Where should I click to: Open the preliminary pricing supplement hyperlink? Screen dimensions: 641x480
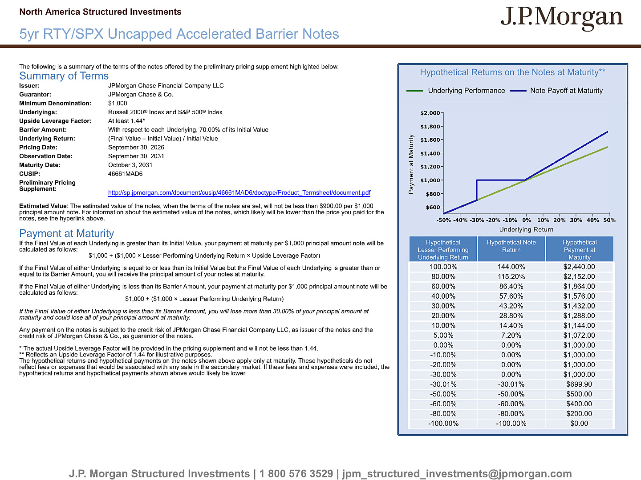tap(239, 192)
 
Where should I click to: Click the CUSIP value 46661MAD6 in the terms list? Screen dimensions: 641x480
tap(125, 174)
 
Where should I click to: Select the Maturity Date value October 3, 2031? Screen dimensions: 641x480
tap(130, 165)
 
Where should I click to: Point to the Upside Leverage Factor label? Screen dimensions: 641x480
tap(55, 121)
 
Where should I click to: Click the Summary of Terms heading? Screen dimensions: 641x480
tap(64, 76)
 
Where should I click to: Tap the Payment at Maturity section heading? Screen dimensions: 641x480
tap(67, 233)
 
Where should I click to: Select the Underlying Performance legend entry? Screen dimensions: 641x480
tap(455, 91)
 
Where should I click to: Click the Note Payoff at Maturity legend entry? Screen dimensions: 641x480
tap(556, 91)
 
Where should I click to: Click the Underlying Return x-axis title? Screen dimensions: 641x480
tap(526, 229)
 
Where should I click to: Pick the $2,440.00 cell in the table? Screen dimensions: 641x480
tap(579, 267)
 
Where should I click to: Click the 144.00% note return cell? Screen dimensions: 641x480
tap(511, 267)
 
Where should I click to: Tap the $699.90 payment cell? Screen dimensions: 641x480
tap(579, 384)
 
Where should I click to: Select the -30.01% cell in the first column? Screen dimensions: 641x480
tap(443, 384)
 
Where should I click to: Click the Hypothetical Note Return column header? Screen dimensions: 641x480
tap(511, 246)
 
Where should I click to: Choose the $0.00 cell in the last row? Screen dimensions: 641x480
tap(579, 423)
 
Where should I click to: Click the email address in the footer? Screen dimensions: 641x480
tap(457, 474)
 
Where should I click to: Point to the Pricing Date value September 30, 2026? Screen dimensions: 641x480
tap(136, 148)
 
